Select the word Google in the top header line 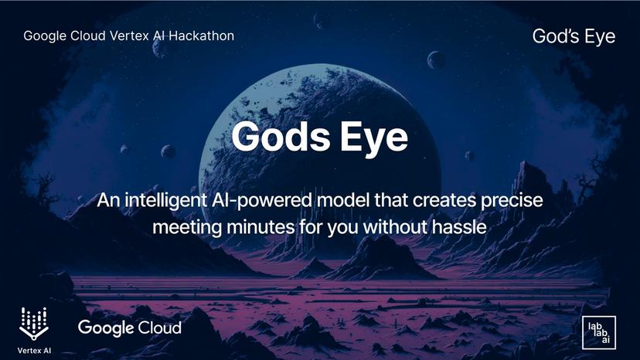click(x=44, y=36)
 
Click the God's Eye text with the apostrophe click(x=574, y=36)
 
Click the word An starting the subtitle click(x=107, y=200)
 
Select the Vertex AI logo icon click(x=33, y=320)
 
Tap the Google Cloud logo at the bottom click(x=130, y=328)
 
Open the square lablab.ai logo click(x=598, y=332)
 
